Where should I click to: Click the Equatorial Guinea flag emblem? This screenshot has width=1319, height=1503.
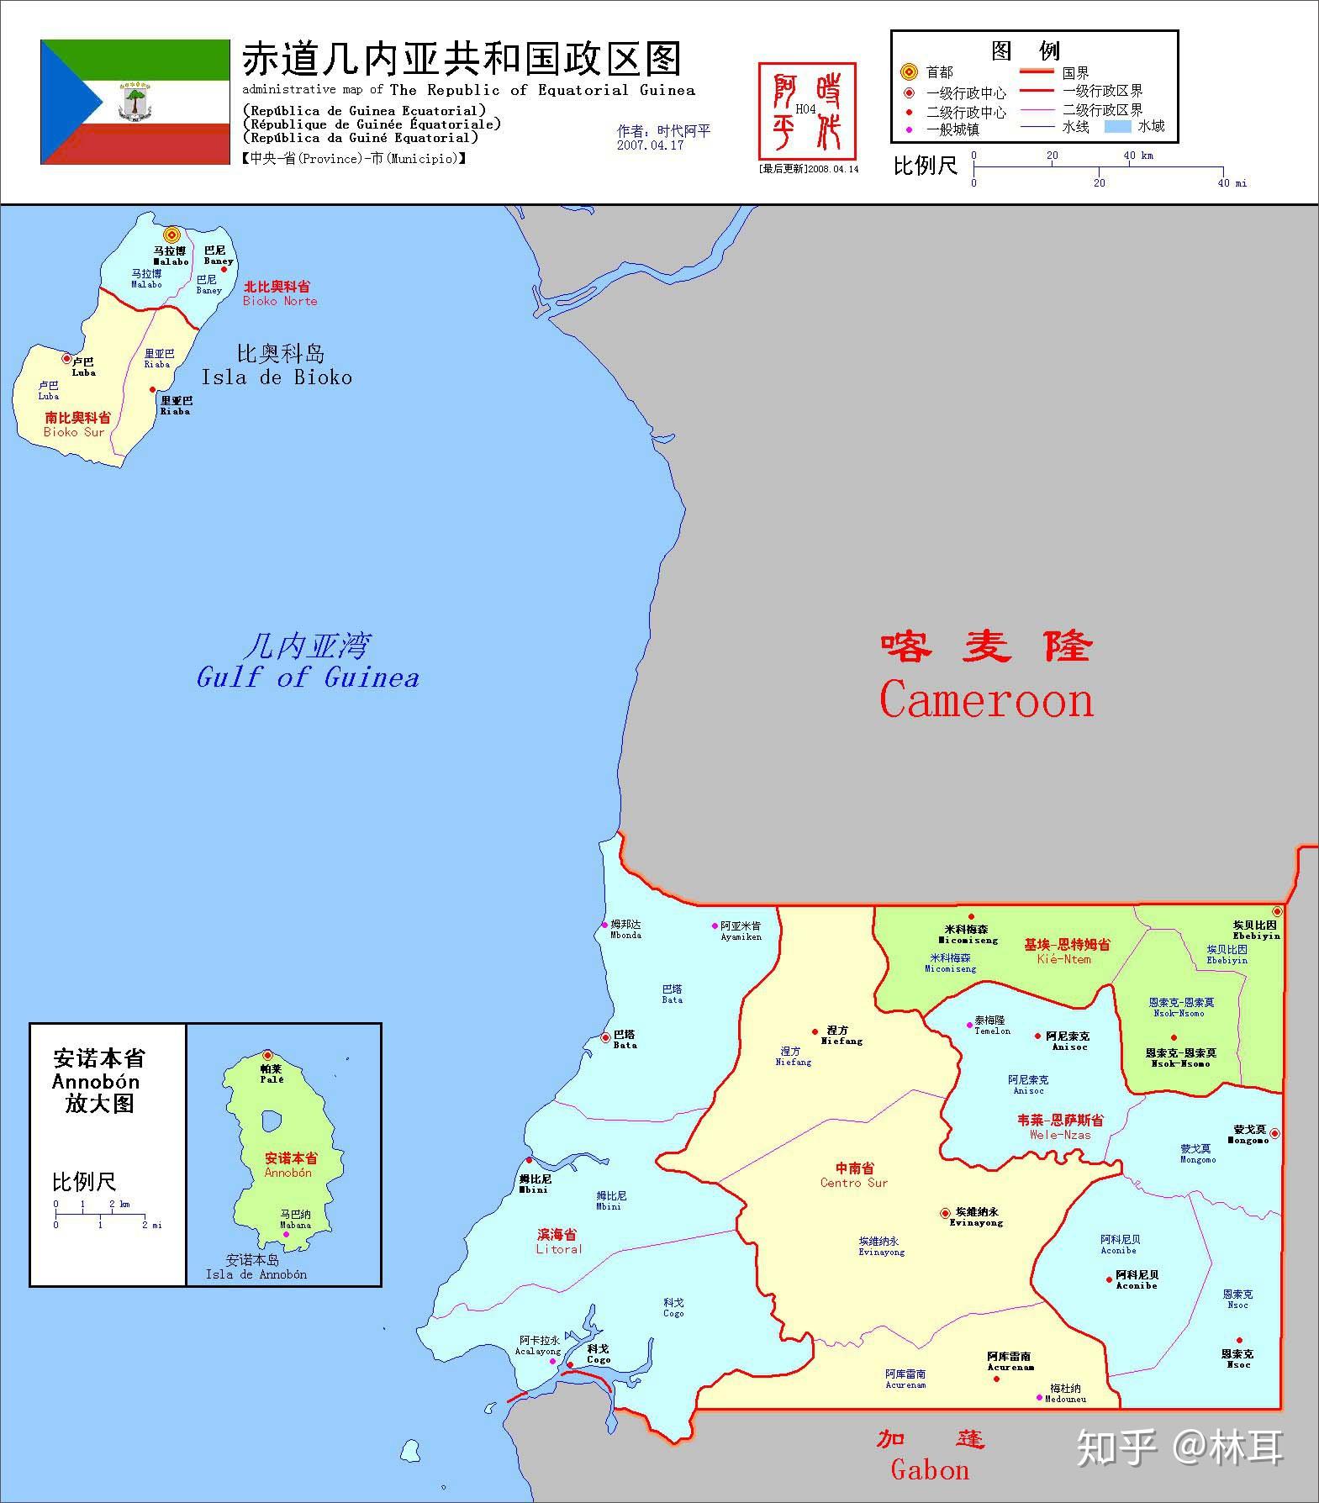click(135, 102)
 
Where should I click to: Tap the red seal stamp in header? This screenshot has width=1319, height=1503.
click(806, 111)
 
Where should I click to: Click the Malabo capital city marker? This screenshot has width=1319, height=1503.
click(172, 235)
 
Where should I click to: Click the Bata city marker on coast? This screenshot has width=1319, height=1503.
click(605, 1037)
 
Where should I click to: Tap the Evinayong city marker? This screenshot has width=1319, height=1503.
click(945, 1213)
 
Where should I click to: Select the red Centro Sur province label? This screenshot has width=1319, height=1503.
click(854, 1175)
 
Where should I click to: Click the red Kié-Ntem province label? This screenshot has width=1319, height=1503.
click(1065, 952)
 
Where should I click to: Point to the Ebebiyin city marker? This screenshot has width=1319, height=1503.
click(1277, 911)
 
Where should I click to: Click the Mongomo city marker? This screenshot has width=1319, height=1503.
click(1274, 1133)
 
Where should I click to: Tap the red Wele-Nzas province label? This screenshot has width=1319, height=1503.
click(1060, 1127)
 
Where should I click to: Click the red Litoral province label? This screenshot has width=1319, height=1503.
click(558, 1242)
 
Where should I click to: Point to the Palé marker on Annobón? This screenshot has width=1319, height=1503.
click(267, 1055)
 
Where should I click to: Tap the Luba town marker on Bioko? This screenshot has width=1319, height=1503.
click(66, 359)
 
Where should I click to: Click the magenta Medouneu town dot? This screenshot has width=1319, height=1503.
click(1039, 1398)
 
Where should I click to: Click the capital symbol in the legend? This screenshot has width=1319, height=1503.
click(908, 72)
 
